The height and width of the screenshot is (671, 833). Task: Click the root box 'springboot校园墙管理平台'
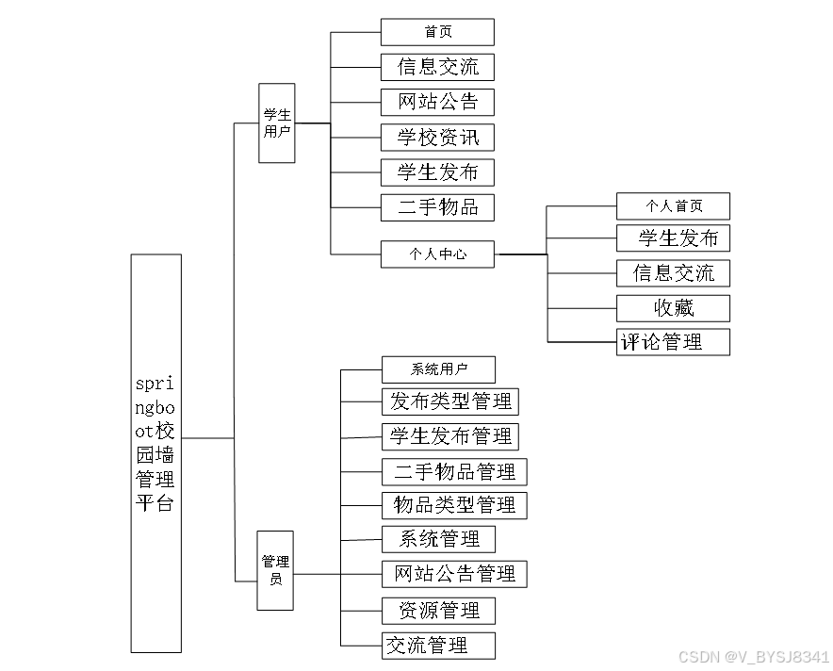pos(155,452)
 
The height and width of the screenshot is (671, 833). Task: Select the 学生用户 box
pos(276,123)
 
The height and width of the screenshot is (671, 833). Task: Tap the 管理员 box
pos(275,570)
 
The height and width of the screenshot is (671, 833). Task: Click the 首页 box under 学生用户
pos(437,32)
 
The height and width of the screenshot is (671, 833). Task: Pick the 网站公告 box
pos(437,102)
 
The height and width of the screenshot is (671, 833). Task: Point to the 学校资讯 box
pos(437,138)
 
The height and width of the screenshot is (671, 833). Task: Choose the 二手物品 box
pos(437,207)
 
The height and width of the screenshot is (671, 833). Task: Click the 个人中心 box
pos(437,254)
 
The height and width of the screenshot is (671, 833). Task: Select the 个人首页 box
pos(673,206)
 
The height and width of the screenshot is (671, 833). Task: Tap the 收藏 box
pos(673,308)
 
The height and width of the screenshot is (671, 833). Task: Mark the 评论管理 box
pos(673,342)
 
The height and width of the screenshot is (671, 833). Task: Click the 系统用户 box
pos(438,369)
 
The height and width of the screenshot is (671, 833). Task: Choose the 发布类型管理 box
pos(450,402)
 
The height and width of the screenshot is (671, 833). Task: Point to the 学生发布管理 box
pos(450,436)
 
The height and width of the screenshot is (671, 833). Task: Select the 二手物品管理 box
pos(454,471)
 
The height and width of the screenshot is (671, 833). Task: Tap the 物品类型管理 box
pos(454,505)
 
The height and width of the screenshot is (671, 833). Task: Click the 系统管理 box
pos(438,539)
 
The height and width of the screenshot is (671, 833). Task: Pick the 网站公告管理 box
pos(454,574)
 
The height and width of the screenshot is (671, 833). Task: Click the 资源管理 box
pos(438,611)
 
